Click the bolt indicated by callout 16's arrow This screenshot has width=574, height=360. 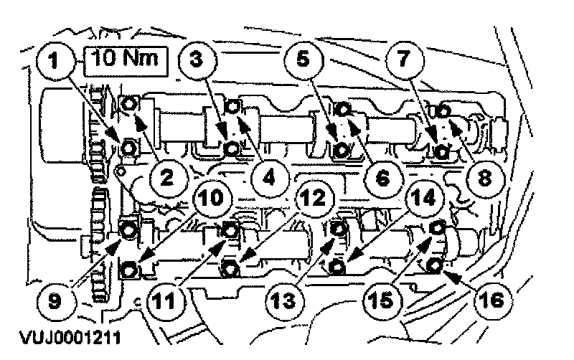434,266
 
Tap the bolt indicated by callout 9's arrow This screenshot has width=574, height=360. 128,231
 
